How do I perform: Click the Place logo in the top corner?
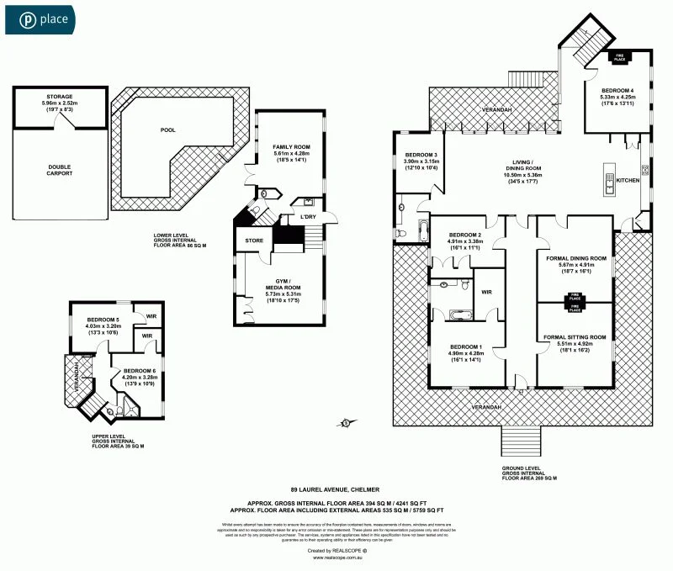click(40, 18)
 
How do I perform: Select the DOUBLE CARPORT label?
click(59, 170)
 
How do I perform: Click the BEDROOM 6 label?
click(140, 371)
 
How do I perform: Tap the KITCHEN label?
click(628, 181)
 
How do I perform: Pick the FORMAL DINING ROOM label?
click(575, 258)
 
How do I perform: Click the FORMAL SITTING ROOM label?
click(575, 337)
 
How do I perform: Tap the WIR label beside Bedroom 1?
click(485, 293)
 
